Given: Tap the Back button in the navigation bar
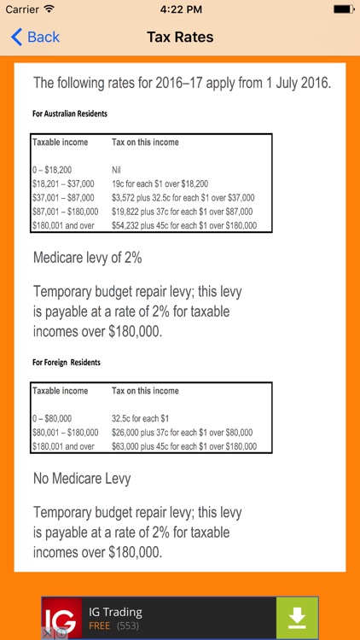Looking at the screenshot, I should point(35,37).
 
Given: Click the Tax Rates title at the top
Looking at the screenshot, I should point(180,37).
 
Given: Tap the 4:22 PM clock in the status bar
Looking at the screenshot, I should point(180,9).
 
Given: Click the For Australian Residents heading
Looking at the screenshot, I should point(70,113).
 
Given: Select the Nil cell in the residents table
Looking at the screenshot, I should point(117,170).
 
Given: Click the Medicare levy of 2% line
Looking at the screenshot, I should point(87,257).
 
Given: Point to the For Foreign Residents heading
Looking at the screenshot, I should point(67,363).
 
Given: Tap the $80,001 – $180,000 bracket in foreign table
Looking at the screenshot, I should point(65,433).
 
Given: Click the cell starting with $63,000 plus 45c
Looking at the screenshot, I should point(183,446).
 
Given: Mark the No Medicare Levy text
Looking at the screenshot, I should point(82,479).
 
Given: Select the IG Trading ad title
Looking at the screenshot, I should point(116,611).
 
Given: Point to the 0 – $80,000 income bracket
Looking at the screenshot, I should point(52,419).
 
